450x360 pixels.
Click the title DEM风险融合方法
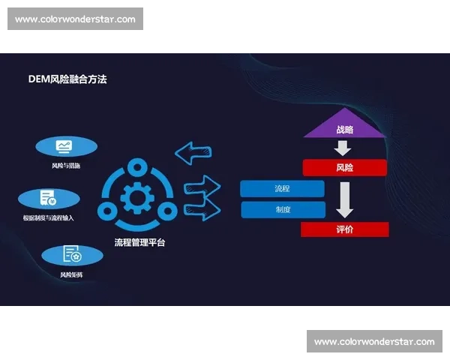(x=67, y=79)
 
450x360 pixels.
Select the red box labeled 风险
(x=344, y=167)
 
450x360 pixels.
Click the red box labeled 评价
(x=344, y=229)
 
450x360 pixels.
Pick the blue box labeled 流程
(x=282, y=188)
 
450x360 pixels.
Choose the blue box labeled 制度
(x=282, y=209)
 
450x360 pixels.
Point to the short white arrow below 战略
(x=343, y=148)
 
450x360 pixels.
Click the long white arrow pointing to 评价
(x=344, y=199)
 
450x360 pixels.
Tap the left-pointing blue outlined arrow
(x=193, y=152)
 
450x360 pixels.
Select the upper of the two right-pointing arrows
(x=201, y=184)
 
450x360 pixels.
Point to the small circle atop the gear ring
(x=137, y=165)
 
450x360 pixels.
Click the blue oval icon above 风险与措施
(x=66, y=146)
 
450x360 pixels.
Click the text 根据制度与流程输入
(x=49, y=217)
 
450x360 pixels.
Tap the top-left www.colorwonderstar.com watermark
(x=75, y=19)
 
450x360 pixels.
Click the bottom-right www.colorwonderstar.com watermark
(x=374, y=342)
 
